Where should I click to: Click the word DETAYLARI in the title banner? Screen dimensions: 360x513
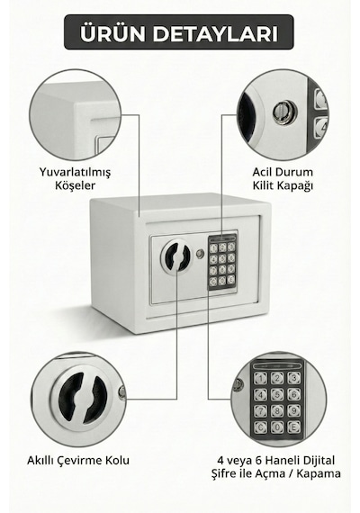(215, 33)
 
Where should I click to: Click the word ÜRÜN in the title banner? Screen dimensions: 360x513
(112, 32)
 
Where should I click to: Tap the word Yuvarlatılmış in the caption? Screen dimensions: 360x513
(75, 172)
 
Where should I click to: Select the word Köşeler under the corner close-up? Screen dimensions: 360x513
(75, 185)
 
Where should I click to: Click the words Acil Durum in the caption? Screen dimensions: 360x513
(283, 172)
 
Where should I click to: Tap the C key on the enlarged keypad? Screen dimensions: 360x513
(261, 427)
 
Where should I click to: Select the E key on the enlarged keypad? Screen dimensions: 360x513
(293, 427)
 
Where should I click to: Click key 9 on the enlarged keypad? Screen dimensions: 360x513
(294, 410)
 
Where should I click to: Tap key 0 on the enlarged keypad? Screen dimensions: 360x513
(277, 427)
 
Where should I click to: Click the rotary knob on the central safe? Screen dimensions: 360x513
(175, 256)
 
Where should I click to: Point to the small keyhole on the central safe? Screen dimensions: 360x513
(200, 254)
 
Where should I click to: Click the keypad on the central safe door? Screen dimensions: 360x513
(222, 262)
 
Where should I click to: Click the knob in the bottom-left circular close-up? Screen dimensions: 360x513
(83, 398)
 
